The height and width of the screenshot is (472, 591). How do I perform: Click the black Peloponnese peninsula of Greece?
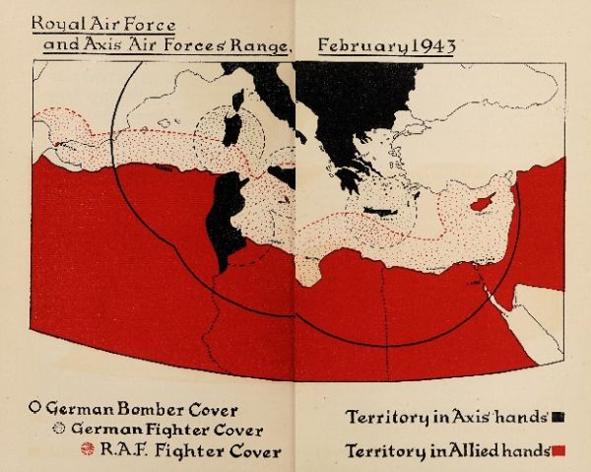347,179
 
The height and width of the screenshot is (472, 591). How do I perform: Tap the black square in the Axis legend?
558,416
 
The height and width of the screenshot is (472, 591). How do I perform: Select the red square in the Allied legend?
558,450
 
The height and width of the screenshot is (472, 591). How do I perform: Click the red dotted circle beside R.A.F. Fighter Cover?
87,450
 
